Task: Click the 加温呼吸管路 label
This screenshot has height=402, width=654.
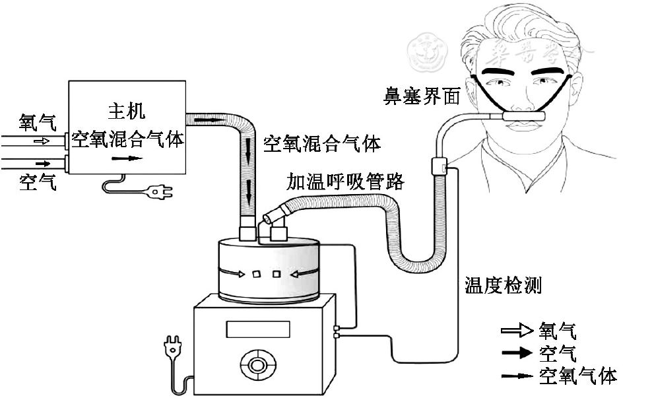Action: (344, 181)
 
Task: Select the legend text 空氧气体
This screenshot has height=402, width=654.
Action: (578, 376)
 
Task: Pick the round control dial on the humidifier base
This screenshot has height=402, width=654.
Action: (257, 365)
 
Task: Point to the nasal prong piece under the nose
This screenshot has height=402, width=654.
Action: (525, 117)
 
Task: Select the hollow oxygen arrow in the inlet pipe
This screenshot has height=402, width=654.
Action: (41, 141)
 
